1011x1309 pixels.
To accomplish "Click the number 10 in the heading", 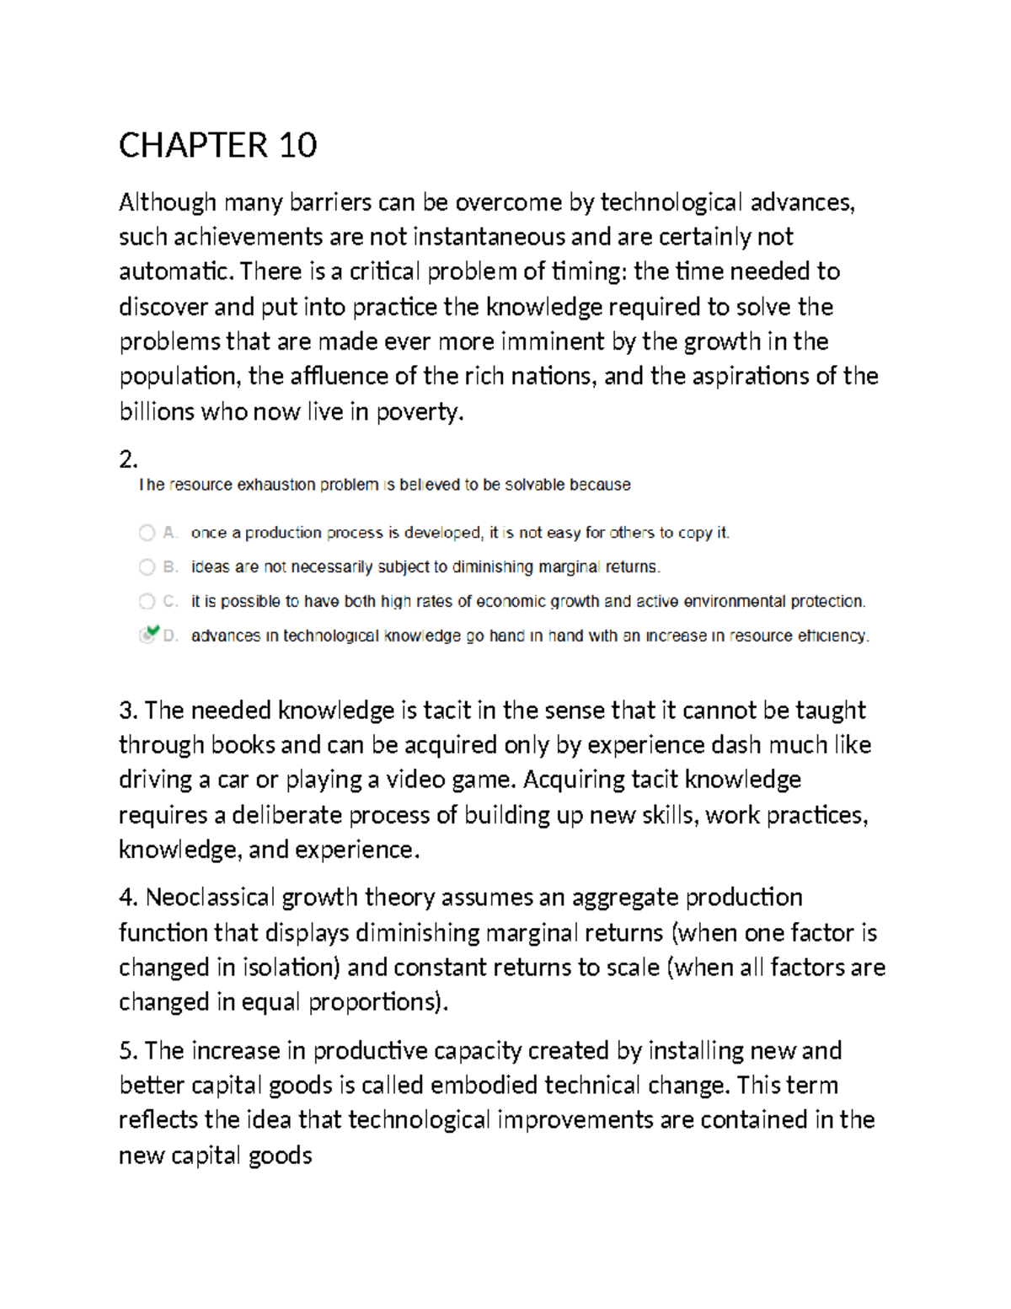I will [297, 146].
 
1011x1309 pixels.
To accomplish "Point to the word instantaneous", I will [489, 237].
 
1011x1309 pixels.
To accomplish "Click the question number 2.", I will [127, 459].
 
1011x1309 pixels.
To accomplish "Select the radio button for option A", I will [147, 533].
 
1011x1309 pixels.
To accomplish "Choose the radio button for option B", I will [147, 567].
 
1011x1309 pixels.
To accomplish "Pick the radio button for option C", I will [147, 602].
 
